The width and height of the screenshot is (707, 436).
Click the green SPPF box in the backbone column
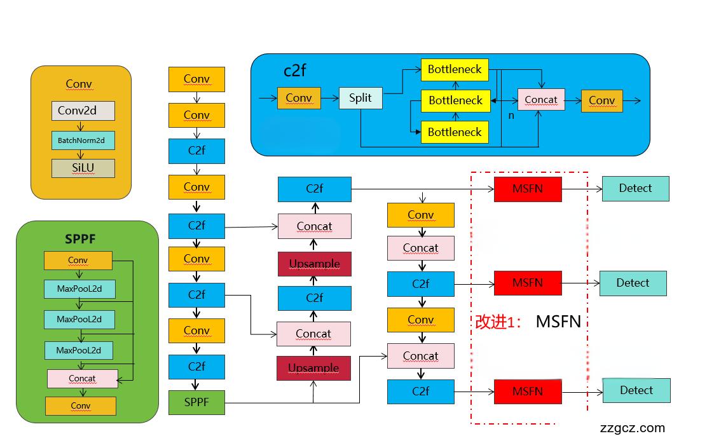(x=196, y=402)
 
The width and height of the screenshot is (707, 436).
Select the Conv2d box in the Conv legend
(x=83, y=111)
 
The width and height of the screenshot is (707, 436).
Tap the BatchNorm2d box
(x=83, y=140)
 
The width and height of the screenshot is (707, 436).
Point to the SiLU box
(x=83, y=168)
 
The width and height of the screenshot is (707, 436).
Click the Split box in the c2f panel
(x=360, y=98)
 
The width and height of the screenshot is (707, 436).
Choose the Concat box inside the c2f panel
(x=541, y=100)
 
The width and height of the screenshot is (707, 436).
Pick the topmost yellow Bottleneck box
(x=455, y=69)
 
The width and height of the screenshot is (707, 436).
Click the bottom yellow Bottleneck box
(x=455, y=132)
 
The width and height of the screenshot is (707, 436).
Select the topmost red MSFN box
(x=528, y=189)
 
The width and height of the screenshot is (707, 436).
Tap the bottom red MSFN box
(x=528, y=392)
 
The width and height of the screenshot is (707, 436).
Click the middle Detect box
(x=633, y=283)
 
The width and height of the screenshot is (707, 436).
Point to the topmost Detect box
(x=635, y=189)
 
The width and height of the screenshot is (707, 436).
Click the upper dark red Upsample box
(x=314, y=264)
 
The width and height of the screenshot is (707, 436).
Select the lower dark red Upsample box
(x=313, y=368)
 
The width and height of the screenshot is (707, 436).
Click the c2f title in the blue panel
(x=294, y=70)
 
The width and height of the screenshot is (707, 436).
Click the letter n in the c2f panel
(x=511, y=116)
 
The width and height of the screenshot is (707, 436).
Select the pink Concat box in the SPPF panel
(x=82, y=378)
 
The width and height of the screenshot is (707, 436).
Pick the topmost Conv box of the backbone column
(x=196, y=79)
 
